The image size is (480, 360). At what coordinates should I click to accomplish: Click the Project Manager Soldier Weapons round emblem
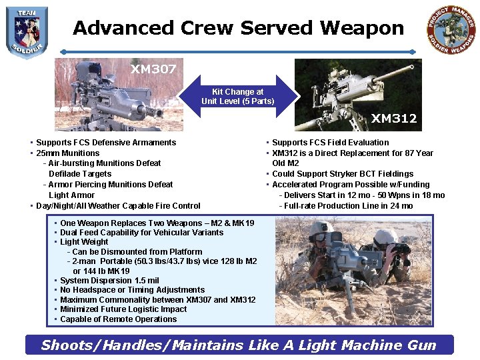tap(451, 31)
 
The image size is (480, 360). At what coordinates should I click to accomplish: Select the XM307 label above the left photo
tap(153, 69)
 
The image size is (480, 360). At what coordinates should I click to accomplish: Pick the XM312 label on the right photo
tap(394, 119)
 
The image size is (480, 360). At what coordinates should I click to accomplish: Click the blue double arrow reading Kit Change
tap(238, 96)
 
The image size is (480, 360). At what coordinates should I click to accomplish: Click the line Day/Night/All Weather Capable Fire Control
tap(118, 206)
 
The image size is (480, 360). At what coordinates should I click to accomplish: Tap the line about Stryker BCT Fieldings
tap(343, 174)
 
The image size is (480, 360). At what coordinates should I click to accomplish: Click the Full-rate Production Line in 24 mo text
tap(348, 206)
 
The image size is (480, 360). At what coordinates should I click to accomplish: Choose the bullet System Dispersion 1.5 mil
tap(109, 281)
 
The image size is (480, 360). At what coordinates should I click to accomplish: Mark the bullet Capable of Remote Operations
tap(119, 319)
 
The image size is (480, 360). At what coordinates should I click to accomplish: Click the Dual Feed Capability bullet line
tap(141, 233)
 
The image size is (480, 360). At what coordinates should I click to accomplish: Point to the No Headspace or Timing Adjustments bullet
tap(132, 290)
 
